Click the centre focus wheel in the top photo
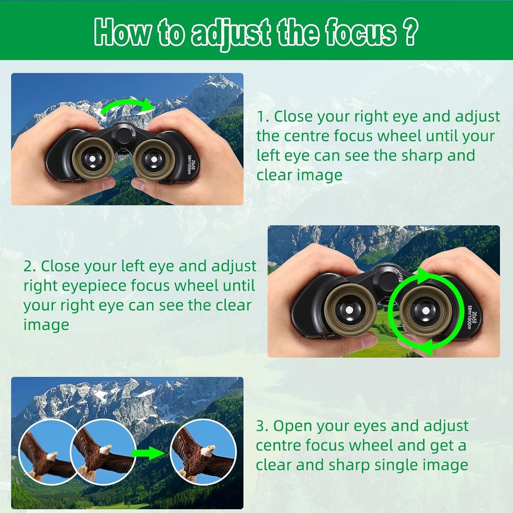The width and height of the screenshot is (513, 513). pyautogui.click(x=123, y=136)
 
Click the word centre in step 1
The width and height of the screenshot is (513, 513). pyautogui.click(x=306, y=136)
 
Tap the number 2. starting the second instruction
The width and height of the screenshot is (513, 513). pyautogui.click(x=30, y=266)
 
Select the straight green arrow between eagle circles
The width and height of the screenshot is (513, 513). pyautogui.click(x=148, y=453)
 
